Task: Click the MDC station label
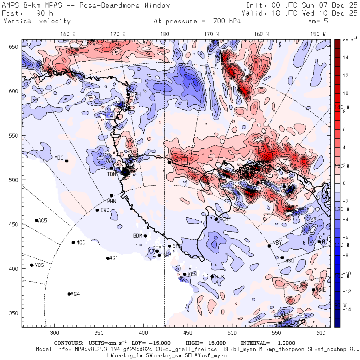(59, 158)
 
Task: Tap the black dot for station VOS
(32, 265)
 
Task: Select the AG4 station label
(75, 294)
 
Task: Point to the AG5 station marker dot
(36, 220)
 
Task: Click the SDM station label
(224, 220)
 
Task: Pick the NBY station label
(277, 243)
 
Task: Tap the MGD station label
(81, 243)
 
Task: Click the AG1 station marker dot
(108, 258)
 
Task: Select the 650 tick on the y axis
(15, 47)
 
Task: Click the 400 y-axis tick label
(15, 268)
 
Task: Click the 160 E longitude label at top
(68, 34)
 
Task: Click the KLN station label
(192, 274)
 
